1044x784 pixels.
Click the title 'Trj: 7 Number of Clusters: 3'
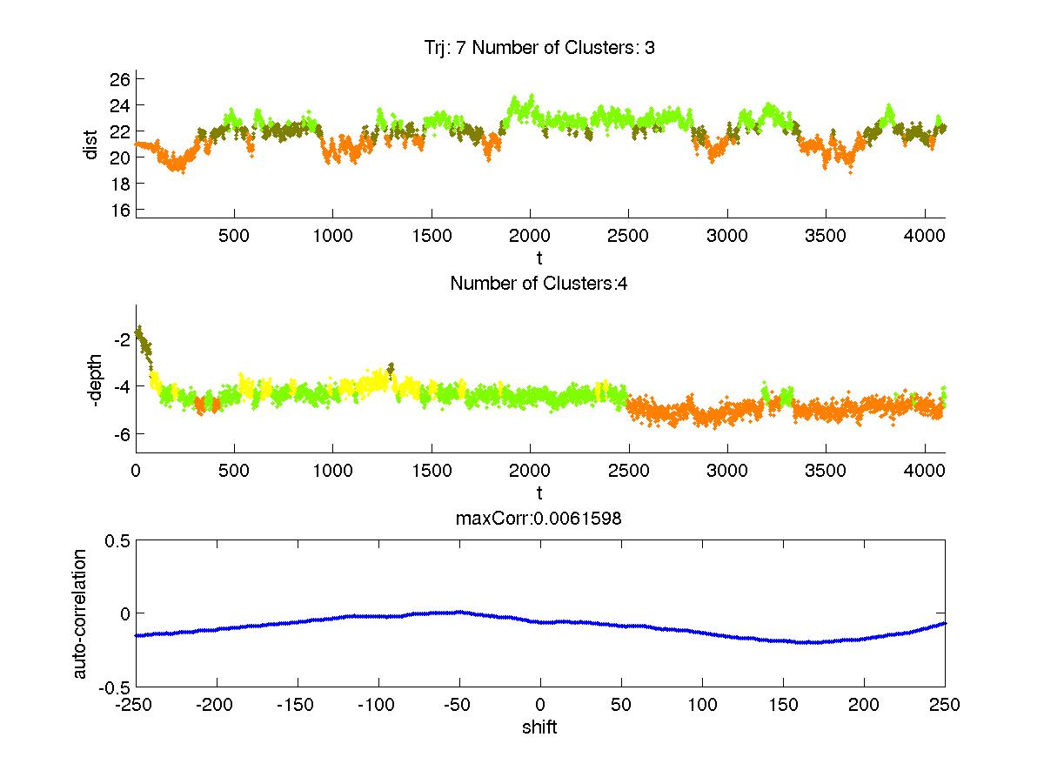tap(539, 48)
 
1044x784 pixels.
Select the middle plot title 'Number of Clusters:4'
tap(539, 284)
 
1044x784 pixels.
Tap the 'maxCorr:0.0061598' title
tap(539, 519)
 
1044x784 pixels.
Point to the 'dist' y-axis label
tap(90, 144)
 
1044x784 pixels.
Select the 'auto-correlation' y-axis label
tap(79, 613)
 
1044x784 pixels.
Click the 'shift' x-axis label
tap(539, 727)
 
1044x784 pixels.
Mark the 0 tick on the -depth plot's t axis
tap(136, 470)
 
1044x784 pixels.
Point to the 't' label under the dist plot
tap(539, 258)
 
